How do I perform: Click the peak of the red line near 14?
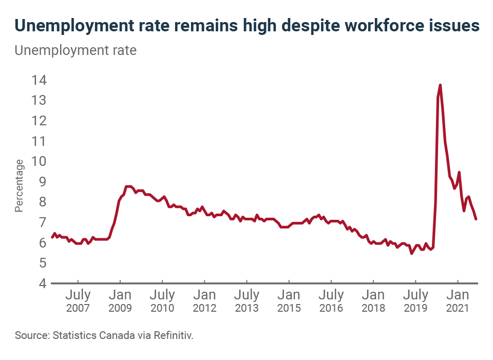[x=440, y=85]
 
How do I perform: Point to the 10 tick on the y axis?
[x=40, y=161]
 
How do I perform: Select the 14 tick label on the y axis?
[x=40, y=80]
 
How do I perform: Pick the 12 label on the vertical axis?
[x=40, y=121]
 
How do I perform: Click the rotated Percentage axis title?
[x=19, y=186]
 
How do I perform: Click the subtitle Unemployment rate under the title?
[x=75, y=51]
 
